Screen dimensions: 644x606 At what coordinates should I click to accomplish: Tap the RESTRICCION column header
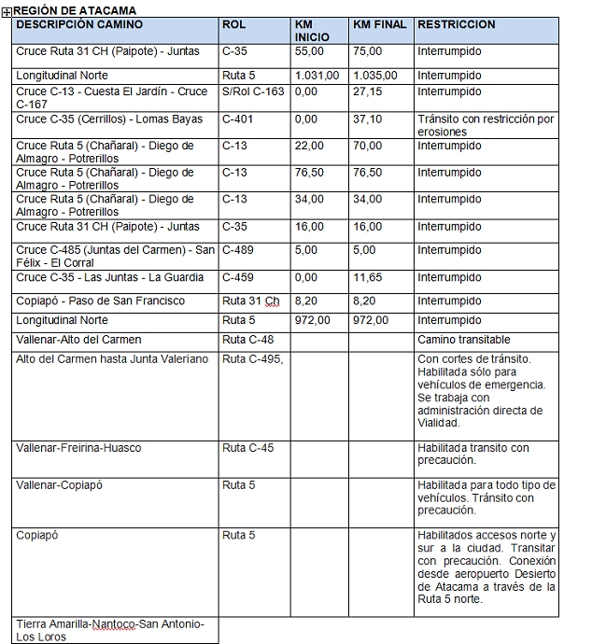pyautogui.click(x=457, y=23)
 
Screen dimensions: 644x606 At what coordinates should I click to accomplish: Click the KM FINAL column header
pyautogui.click(x=380, y=23)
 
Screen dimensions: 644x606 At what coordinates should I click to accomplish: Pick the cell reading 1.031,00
pyautogui.click(x=317, y=75)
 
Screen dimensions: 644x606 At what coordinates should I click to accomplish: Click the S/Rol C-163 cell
pyautogui.click(x=253, y=91)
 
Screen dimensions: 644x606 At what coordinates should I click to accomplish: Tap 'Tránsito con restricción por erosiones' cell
pyautogui.click(x=486, y=125)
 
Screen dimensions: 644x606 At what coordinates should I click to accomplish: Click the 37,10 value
pyautogui.click(x=368, y=119)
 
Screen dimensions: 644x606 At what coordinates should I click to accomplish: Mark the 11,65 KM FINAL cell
pyautogui.click(x=368, y=277)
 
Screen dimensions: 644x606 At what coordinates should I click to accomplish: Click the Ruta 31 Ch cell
pyautogui.click(x=250, y=301)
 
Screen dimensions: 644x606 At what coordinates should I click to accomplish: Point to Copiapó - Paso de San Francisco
pyautogui.click(x=100, y=301)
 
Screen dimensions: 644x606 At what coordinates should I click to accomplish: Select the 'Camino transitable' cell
pyautogui.click(x=464, y=339)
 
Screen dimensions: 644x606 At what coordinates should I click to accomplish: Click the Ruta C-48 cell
pyautogui.click(x=247, y=339)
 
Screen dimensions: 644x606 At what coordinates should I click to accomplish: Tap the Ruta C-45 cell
pyautogui.click(x=247, y=448)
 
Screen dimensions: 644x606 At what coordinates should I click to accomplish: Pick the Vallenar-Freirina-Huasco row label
pyautogui.click(x=78, y=448)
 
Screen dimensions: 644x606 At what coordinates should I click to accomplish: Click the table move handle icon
pyautogui.click(x=7, y=10)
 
